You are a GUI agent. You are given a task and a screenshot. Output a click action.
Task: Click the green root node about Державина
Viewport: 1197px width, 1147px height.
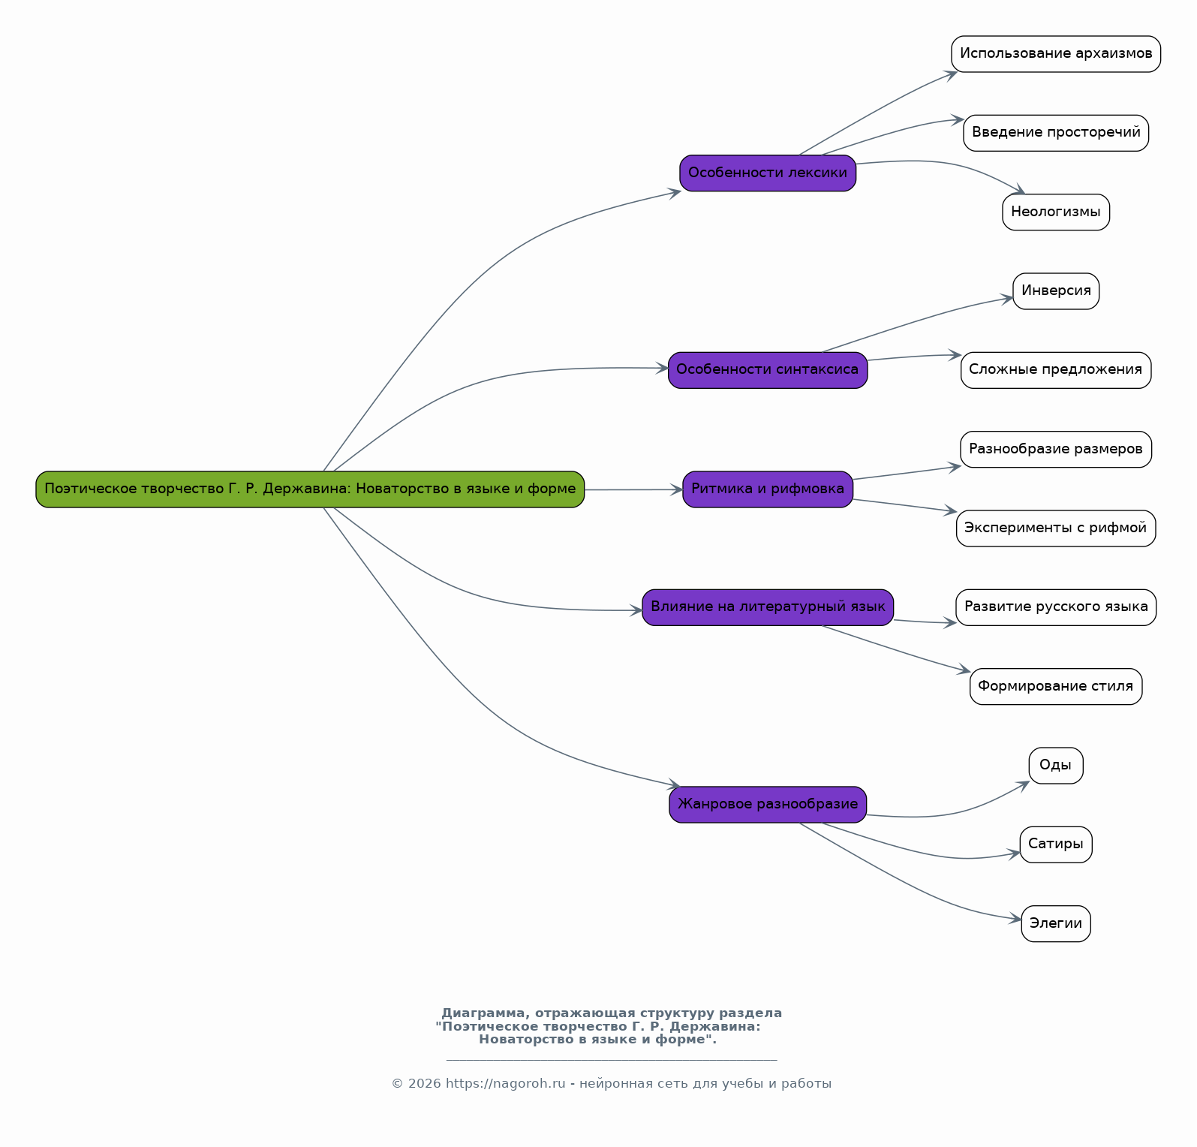310,489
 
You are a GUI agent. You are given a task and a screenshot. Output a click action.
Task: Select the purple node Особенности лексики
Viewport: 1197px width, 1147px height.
768,173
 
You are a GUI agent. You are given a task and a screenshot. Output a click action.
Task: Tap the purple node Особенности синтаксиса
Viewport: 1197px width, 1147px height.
768,370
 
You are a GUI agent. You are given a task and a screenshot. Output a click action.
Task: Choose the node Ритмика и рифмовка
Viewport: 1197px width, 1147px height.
768,489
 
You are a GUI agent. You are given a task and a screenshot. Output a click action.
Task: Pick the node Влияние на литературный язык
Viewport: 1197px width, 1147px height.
768,607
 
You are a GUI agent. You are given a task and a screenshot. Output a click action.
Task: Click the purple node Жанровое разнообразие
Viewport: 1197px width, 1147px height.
768,805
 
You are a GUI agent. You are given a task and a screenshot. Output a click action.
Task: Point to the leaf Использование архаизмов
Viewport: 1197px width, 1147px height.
1056,54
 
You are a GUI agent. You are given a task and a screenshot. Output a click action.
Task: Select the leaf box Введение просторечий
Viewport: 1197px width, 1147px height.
1056,133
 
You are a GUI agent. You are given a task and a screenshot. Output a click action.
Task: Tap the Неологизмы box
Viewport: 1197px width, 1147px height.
1056,212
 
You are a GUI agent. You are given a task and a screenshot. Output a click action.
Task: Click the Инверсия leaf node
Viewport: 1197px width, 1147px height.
1056,291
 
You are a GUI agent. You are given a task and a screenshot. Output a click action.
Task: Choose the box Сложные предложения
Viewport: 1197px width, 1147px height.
1056,370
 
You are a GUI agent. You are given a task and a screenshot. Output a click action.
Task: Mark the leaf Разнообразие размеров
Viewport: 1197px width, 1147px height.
1056,450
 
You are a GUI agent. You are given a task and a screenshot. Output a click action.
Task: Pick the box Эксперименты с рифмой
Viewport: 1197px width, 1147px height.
1056,528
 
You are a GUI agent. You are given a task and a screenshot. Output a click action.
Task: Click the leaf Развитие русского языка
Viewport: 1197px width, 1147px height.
1056,607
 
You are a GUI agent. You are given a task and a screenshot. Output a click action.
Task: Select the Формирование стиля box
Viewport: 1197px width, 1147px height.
1056,687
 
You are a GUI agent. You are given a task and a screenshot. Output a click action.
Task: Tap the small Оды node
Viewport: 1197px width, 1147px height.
1056,766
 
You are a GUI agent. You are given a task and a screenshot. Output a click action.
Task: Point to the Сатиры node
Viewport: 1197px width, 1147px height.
1056,844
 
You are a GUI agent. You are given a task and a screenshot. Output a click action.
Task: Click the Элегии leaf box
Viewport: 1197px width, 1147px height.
1056,924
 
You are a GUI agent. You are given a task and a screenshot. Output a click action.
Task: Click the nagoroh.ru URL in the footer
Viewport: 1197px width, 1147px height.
505,1084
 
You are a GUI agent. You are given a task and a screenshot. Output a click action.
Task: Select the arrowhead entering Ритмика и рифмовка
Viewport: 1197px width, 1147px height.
677,489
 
